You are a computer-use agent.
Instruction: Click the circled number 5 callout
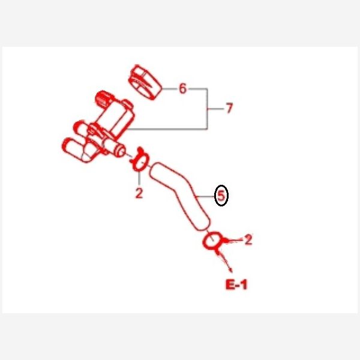[221, 196]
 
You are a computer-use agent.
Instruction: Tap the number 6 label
[183, 88]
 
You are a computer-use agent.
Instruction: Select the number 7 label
[229, 108]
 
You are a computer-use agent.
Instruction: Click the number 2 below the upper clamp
[139, 193]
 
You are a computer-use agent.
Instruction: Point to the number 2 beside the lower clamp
[248, 239]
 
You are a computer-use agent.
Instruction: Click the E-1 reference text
[236, 284]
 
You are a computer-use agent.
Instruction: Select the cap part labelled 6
[145, 82]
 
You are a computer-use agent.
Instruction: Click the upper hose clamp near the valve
[139, 160]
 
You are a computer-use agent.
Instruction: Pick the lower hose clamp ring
[212, 241]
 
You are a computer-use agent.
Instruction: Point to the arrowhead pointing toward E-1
[230, 270]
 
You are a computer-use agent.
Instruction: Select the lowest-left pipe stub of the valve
[72, 148]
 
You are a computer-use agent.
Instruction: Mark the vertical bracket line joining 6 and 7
[208, 109]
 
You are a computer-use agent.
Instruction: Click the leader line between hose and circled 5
[205, 197]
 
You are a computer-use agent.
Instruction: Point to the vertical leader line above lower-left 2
[139, 178]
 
